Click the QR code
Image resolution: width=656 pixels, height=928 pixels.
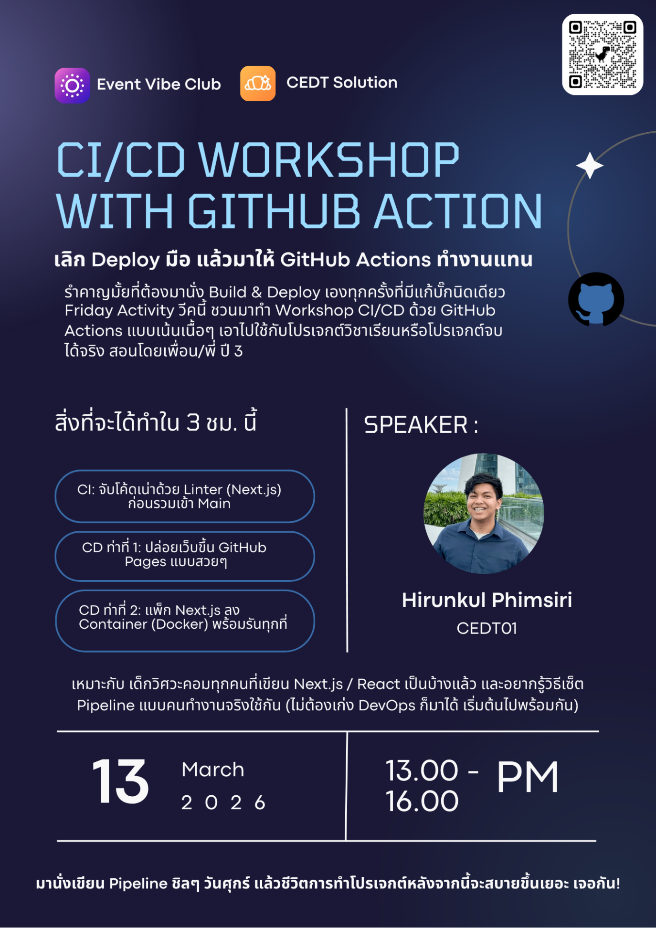[x=603, y=54]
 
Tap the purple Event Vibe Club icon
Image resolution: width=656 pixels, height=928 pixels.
[x=72, y=85]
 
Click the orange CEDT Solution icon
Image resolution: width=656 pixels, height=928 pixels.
[x=258, y=84]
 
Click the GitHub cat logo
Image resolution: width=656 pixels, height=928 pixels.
[x=596, y=300]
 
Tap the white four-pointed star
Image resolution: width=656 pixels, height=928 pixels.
[x=590, y=166]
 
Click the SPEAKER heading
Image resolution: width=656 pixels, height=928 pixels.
[x=421, y=424]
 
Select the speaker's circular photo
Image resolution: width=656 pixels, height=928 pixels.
[x=484, y=513]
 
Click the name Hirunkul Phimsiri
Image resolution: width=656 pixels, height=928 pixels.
[x=487, y=600]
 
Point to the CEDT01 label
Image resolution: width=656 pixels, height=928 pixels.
[x=487, y=628]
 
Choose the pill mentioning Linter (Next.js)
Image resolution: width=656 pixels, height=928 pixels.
[x=185, y=496]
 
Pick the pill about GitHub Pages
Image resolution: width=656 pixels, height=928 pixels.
[x=185, y=556]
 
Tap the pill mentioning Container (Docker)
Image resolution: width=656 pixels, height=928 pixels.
[x=185, y=621]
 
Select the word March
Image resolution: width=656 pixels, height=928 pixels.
[x=213, y=770]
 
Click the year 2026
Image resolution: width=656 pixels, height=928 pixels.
[x=223, y=802]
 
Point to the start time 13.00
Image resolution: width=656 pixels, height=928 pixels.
[x=422, y=770]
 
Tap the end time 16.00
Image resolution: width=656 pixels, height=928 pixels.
[x=422, y=801]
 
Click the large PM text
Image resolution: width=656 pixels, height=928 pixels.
[x=528, y=777]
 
